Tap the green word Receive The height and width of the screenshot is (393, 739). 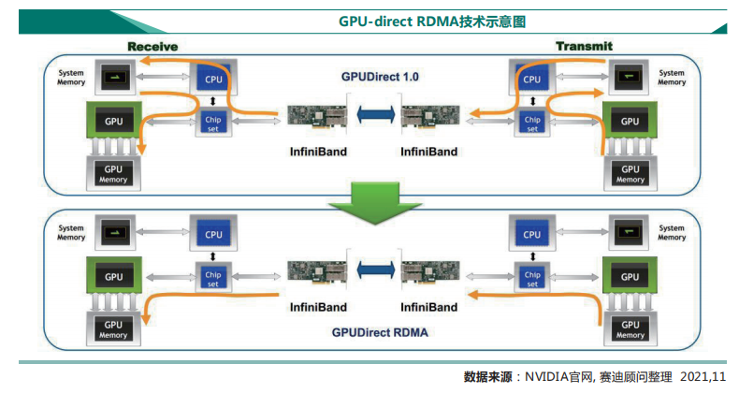[152, 47]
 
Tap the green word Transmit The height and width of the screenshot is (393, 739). [584, 47]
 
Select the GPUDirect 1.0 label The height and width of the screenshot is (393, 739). [379, 76]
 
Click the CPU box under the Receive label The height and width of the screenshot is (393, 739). [214, 80]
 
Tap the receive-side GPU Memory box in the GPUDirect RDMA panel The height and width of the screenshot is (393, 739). [114, 329]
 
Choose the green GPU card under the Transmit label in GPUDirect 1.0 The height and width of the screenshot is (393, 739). [630, 122]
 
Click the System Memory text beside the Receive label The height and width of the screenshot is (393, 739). [71, 77]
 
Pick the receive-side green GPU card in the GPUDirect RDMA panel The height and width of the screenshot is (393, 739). [114, 277]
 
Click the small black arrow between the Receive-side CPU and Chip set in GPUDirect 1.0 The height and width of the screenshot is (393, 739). [214, 101]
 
